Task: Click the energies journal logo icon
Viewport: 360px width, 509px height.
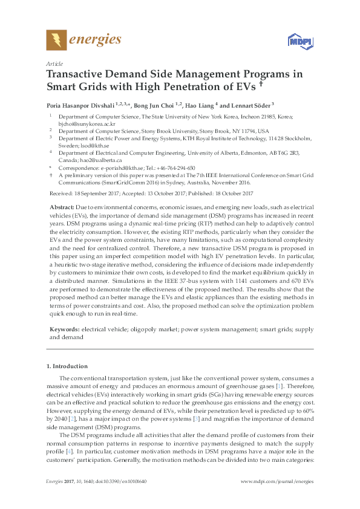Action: coord(56,41)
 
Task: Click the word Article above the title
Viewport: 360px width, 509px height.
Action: coord(54,63)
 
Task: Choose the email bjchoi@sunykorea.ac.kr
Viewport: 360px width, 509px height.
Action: coord(82,122)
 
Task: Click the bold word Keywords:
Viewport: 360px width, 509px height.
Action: coord(65,329)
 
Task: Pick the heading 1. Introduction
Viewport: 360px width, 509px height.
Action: coord(67,366)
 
